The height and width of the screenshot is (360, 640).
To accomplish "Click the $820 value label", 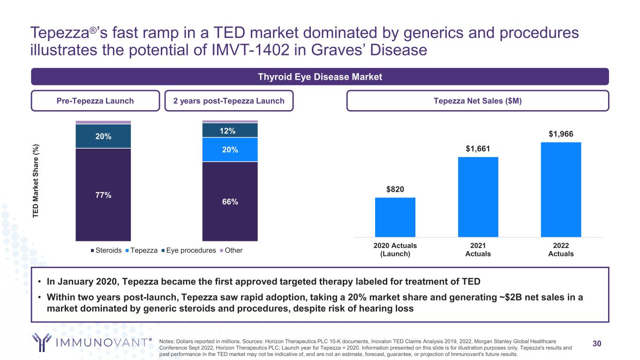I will tap(395, 189).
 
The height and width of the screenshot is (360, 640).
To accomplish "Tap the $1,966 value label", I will tap(561, 134).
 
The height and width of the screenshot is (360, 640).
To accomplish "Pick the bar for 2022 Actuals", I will tap(561, 189).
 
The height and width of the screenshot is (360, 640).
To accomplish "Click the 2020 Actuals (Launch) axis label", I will tap(395, 250).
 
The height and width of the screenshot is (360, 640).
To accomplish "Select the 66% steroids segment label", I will tap(230, 202).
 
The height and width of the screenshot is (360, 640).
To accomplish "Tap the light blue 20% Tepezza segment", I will tap(230, 150).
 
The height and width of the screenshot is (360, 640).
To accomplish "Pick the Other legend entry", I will tap(231, 250).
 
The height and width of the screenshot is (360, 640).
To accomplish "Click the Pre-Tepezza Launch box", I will tap(95, 101).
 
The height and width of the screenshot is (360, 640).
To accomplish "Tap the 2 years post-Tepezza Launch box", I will tap(229, 101).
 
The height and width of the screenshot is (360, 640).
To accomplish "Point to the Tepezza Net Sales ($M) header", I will tap(477, 101).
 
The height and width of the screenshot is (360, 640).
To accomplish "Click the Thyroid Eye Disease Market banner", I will tap(320, 77).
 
